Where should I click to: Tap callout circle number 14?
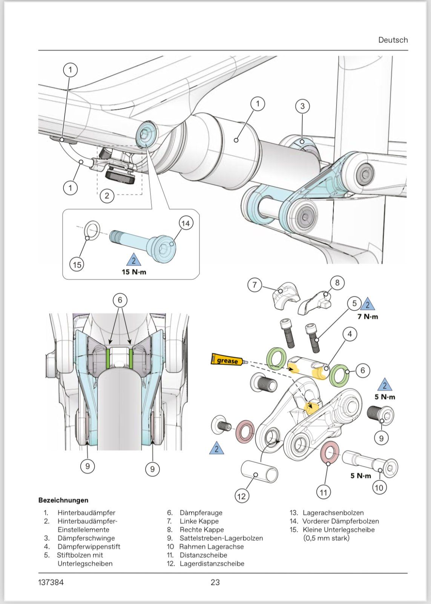[186, 223]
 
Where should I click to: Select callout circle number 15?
[77, 265]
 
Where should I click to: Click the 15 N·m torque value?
[133, 272]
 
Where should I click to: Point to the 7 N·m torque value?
[368, 316]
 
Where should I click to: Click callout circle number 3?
[302, 106]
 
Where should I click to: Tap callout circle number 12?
[241, 496]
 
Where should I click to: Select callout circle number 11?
[324, 492]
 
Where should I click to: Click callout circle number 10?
[379, 487]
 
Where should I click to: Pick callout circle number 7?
[255, 285]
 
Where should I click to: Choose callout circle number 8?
[337, 282]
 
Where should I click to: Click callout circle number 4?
[350, 334]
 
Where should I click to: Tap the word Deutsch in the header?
[393, 40]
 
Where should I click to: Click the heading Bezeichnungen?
[63, 500]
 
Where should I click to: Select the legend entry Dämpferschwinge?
[86, 538]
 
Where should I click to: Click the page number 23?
[215, 582]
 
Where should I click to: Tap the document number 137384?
[51, 582]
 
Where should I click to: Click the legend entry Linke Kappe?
[199, 521]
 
